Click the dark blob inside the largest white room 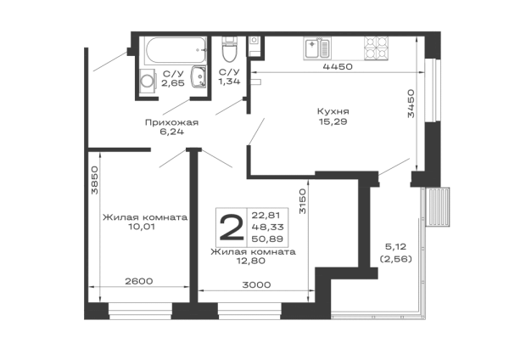point(333,116)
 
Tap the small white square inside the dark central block point(221,228)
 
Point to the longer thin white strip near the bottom point(255,295)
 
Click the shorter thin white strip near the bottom point(142,295)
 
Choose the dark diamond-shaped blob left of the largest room point(173,122)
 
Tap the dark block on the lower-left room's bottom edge point(139,278)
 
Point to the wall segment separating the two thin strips point(193,295)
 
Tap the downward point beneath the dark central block point(248,267)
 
